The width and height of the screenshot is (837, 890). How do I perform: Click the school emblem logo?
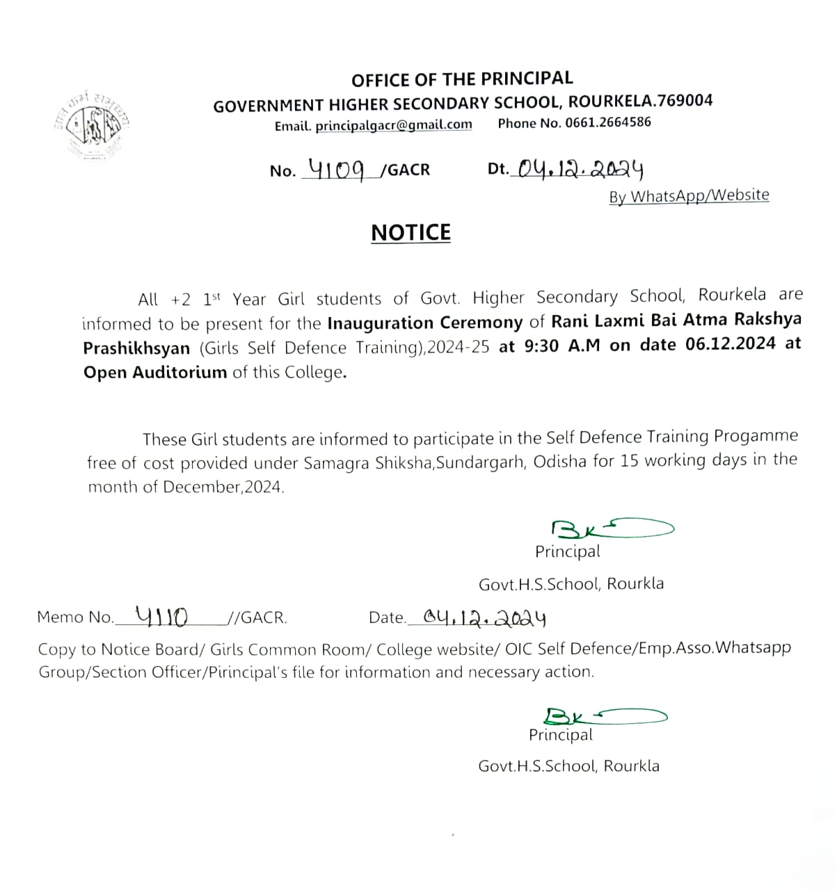[93, 125]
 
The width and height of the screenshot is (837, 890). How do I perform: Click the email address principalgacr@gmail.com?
[393, 125]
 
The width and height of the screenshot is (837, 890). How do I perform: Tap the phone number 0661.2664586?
[608, 123]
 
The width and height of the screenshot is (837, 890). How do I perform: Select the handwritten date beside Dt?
[577, 168]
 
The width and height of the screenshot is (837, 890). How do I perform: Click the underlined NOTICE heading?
[410, 232]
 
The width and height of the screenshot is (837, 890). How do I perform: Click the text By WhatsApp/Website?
[689, 195]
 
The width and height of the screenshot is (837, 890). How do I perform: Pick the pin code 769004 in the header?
[685, 101]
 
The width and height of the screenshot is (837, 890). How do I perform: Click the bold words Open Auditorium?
[155, 372]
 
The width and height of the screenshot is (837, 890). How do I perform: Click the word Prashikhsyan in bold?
[136, 348]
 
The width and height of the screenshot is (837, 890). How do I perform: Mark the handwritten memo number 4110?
[161, 615]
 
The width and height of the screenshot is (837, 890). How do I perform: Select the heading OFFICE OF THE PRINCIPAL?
[462, 79]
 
